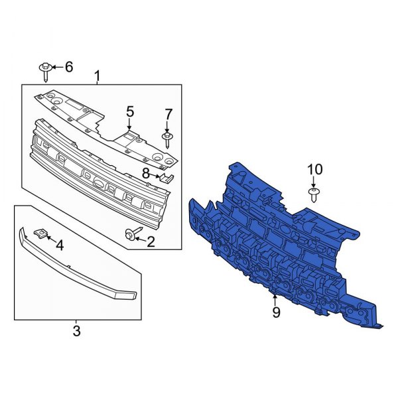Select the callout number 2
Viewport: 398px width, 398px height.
pyautogui.click(x=151, y=241)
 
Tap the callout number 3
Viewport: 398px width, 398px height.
pyautogui.click(x=76, y=330)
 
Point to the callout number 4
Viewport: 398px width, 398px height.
pyautogui.click(x=60, y=246)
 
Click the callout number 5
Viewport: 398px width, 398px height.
pyautogui.click(x=130, y=111)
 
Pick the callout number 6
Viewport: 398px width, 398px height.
pyautogui.click(x=68, y=67)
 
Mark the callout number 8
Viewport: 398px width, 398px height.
pyautogui.click(x=146, y=173)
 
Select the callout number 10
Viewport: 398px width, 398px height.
pyautogui.click(x=314, y=170)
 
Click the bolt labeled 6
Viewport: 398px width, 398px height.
pyautogui.click(x=45, y=70)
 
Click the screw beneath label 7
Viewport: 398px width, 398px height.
pyautogui.click(x=167, y=138)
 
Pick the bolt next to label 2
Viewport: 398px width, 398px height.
pyautogui.click(x=130, y=234)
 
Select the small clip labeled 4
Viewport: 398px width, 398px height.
pyautogui.click(x=40, y=233)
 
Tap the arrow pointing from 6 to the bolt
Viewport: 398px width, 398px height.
pyautogui.click(x=56, y=67)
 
